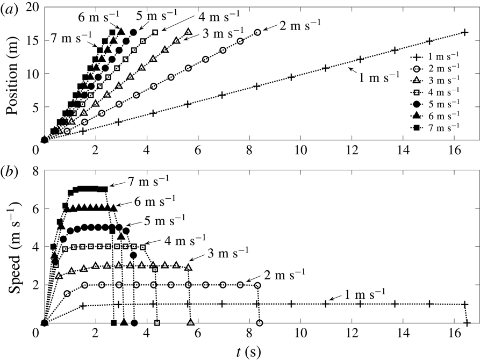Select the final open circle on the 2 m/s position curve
tap(257, 32)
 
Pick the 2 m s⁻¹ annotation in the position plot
tap(299, 24)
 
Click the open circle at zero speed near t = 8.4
tap(260, 323)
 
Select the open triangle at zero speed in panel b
tap(190, 322)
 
